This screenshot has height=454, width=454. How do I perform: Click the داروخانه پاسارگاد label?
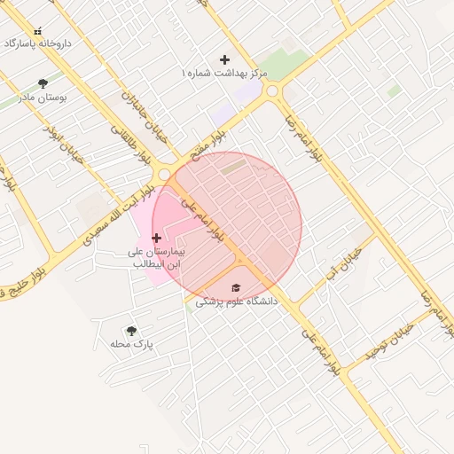[x=37, y=43]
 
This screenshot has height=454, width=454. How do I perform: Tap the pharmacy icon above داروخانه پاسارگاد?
[x=37, y=31]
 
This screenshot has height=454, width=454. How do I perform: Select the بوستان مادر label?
[x=43, y=97]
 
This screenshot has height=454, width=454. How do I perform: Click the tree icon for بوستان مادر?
[x=43, y=83]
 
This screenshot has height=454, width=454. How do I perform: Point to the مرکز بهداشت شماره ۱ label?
[x=222, y=71]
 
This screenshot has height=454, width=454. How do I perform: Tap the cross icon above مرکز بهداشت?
[x=224, y=59]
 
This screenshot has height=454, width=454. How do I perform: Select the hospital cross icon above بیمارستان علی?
[x=157, y=238]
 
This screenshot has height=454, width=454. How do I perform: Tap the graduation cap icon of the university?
[x=236, y=288]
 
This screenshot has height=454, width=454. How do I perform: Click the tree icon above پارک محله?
[x=132, y=330]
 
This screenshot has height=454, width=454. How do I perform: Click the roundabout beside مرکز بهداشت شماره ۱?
[x=273, y=90]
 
